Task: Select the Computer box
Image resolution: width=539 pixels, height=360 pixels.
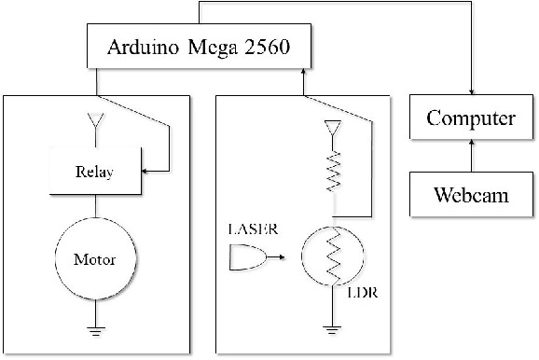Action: (x=471, y=119)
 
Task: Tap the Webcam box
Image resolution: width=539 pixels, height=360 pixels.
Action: (x=471, y=196)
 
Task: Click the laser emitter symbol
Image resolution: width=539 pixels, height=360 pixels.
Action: (x=244, y=256)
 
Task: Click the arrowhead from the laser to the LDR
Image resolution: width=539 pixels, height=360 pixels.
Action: (x=272, y=256)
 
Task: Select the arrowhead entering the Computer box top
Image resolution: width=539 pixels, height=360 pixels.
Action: (x=471, y=96)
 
